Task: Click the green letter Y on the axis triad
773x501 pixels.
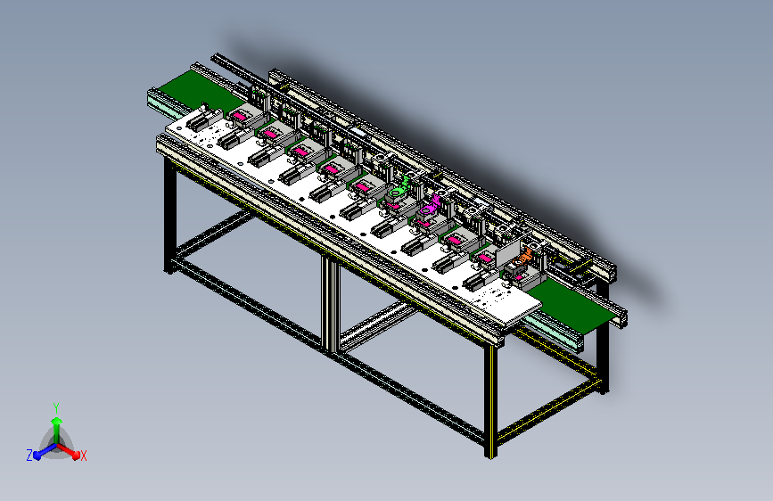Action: [x=56, y=407]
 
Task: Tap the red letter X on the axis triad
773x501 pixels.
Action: [x=84, y=456]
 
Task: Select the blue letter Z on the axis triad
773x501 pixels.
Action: [x=29, y=456]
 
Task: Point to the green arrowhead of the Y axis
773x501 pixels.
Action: [x=57, y=421]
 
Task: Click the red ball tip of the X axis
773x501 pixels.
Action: [x=76, y=456]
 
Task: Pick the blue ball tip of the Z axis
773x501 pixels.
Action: [x=37, y=456]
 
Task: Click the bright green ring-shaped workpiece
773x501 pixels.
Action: [x=398, y=191]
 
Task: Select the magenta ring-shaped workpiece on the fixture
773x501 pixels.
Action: [x=427, y=209]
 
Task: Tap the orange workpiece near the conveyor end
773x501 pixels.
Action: [x=524, y=258]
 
